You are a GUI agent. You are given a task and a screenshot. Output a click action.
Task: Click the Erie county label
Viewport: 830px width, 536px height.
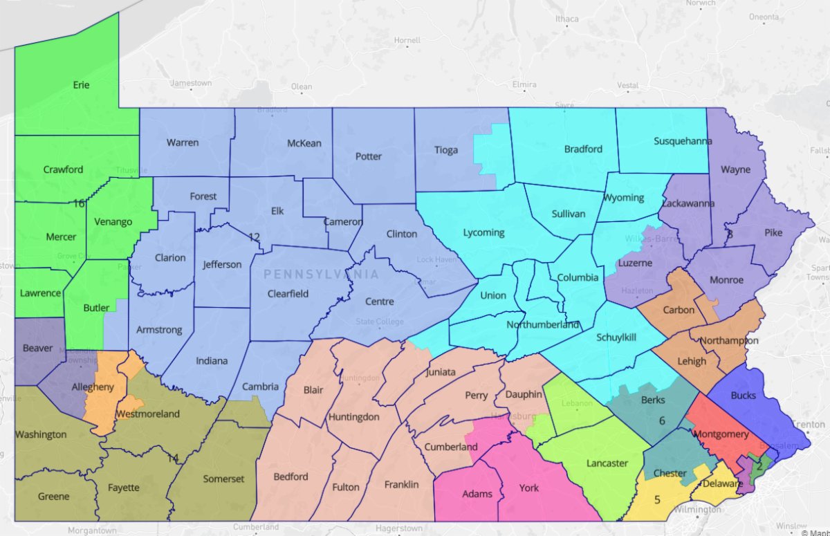pos(81,85)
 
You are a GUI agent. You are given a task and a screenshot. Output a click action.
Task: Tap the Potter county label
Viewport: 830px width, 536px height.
pos(368,156)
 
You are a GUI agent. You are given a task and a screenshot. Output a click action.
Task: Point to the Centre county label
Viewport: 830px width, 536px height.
pos(379,302)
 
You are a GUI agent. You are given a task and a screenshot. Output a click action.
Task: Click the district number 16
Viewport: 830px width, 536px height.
pos(78,203)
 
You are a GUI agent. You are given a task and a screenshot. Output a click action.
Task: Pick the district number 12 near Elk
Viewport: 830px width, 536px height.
pos(254,237)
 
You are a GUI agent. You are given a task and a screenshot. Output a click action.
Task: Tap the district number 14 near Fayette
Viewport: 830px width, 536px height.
pos(172,457)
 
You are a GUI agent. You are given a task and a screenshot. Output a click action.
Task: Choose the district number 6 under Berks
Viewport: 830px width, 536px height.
pos(661,421)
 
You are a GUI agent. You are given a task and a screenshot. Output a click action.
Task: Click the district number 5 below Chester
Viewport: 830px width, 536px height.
pos(657,499)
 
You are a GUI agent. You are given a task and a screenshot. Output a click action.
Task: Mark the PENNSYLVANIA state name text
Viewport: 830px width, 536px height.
pos(321,275)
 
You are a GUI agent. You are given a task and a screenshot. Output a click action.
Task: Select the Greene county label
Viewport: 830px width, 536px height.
pos(53,497)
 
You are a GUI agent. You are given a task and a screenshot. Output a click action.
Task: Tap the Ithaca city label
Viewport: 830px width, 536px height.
pos(566,19)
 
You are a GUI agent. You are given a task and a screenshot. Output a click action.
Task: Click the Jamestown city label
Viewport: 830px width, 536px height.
pos(191,83)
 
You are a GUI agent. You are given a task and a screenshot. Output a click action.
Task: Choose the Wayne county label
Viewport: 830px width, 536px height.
pos(735,169)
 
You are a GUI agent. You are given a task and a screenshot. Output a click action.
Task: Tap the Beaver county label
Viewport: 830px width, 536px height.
pos(37,348)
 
